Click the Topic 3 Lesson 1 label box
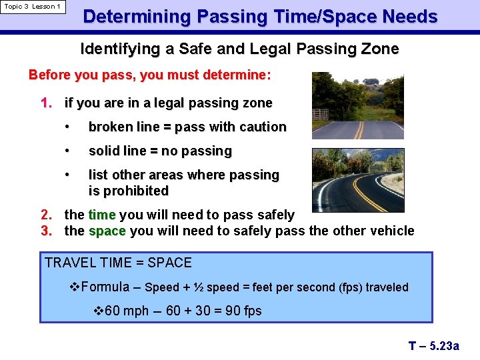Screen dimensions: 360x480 [x=33, y=7]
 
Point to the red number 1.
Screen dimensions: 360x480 [x=45, y=103]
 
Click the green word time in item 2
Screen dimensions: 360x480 [x=102, y=215]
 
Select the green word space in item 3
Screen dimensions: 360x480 [x=107, y=231]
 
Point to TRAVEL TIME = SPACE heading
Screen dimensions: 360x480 [x=119, y=263]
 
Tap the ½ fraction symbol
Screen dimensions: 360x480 [x=198, y=287]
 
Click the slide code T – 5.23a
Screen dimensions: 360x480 [x=434, y=345]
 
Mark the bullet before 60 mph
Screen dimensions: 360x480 [x=98, y=311]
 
